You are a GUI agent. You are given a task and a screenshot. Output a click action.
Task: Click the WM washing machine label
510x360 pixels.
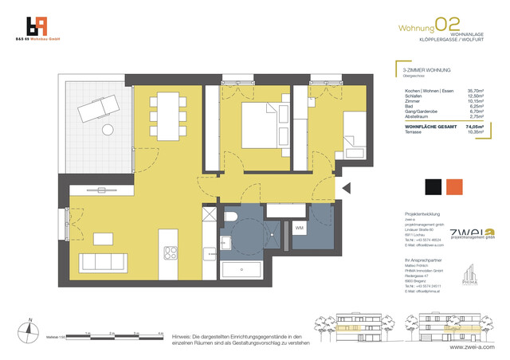tap(300, 229)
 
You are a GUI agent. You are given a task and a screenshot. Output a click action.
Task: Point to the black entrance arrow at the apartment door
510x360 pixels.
tap(346, 189)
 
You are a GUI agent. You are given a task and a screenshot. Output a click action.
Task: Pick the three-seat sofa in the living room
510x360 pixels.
tap(101, 263)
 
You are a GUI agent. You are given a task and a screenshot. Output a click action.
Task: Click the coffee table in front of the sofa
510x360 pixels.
tap(102, 238)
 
